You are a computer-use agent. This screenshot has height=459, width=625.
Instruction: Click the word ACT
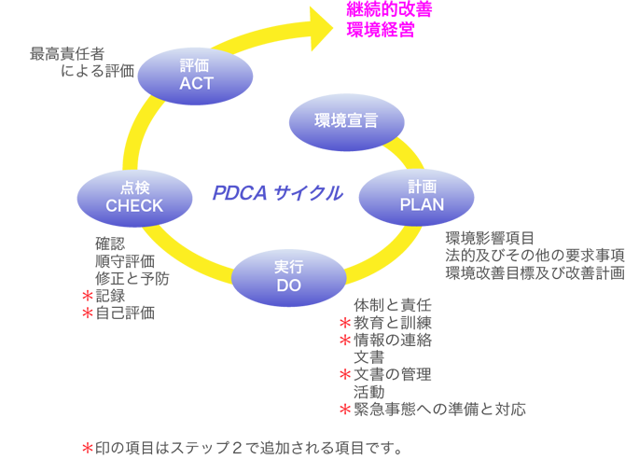pyautogui.click(x=196, y=83)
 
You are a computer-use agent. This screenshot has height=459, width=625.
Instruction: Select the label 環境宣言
pyautogui.click(x=346, y=119)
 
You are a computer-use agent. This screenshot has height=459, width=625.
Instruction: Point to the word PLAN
pyautogui.click(x=422, y=204)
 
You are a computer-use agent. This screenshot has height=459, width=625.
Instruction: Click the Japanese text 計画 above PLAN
pyautogui.click(x=422, y=187)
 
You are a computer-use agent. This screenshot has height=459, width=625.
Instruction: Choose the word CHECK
pyautogui.click(x=134, y=205)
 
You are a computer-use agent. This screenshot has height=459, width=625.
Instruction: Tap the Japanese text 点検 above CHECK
pyautogui.click(x=134, y=188)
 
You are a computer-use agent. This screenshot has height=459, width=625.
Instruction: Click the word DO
pyautogui.click(x=288, y=285)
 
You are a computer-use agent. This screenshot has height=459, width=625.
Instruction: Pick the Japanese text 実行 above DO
pyautogui.click(x=288, y=268)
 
